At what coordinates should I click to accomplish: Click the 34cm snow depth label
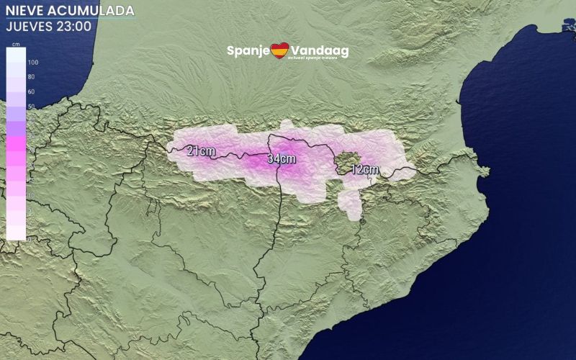[x=282, y=158]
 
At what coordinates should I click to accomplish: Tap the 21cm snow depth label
[x=201, y=151]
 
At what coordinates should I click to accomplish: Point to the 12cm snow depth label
[x=365, y=170]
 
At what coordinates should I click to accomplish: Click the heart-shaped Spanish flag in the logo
[x=279, y=51]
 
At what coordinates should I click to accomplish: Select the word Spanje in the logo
[x=247, y=51]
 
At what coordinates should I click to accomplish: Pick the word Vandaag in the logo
[x=320, y=51]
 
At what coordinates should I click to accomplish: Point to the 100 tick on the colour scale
[x=32, y=63]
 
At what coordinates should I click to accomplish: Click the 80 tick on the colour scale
[x=32, y=77]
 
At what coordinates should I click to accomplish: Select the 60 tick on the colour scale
[x=32, y=92]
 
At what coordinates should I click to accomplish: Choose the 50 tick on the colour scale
[x=32, y=107]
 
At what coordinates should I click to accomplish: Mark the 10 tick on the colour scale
[x=32, y=195]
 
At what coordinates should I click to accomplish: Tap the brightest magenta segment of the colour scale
[x=16, y=143]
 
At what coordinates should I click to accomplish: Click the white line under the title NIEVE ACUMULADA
[x=69, y=19]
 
